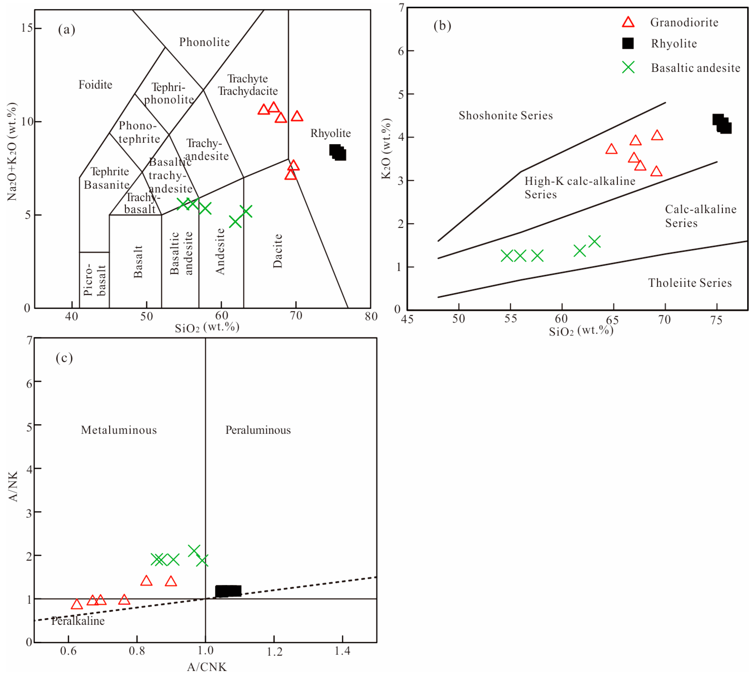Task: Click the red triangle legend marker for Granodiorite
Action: point(628,22)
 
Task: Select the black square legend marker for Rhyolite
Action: point(628,44)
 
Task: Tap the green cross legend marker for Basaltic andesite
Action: point(628,68)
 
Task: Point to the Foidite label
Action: point(95,85)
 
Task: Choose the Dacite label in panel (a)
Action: point(278,251)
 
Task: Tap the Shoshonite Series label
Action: point(505,116)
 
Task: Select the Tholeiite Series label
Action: point(690,283)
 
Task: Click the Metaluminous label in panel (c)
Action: point(119,430)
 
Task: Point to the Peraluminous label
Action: point(258,430)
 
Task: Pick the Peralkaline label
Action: point(78,621)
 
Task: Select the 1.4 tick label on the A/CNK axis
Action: point(342,651)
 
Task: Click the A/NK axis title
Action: point(13,487)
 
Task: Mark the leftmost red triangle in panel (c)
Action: point(77,604)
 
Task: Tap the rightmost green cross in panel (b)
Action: point(594,242)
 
